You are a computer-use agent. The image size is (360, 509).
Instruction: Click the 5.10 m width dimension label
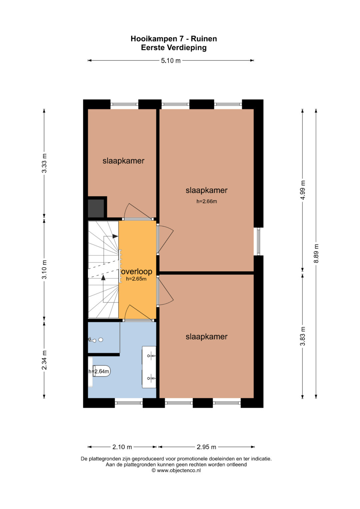coord(171,61)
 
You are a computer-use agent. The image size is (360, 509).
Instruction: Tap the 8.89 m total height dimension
coord(316,253)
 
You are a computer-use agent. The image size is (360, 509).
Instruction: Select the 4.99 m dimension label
coord(303,190)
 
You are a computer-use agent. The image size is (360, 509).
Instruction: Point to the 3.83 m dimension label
coord(303,336)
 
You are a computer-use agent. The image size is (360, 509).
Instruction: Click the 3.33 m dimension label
coord(44,163)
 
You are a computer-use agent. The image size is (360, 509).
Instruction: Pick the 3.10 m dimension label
coord(44,269)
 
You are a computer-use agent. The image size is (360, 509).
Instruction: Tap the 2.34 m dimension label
coord(44,360)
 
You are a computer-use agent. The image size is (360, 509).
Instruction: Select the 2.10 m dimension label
coord(122,447)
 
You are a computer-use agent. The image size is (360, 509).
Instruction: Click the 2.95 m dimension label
coord(206,447)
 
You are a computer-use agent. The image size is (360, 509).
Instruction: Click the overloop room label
coord(137,272)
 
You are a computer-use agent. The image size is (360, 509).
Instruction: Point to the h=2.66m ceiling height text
coord(207,201)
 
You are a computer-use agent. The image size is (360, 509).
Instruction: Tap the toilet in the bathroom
coord(101,371)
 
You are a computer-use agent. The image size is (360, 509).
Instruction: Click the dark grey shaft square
coord(96,208)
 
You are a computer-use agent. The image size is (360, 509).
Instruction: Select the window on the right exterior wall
coord(258,242)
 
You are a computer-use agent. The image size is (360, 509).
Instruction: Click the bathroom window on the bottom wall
coord(129,403)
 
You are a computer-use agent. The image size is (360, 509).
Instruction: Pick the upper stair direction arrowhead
coord(115,236)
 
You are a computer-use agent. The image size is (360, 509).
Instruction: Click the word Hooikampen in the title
coord(154,39)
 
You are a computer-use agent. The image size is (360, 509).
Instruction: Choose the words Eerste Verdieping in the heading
coord(174,48)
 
